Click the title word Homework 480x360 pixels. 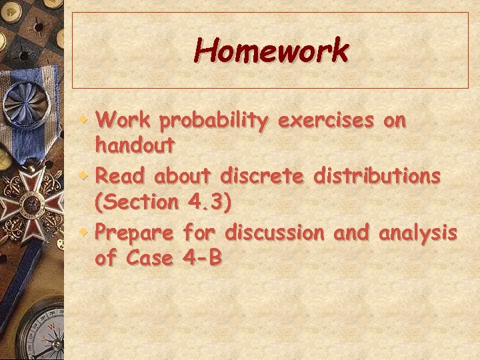pyautogui.click(x=271, y=51)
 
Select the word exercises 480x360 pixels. pyautogui.click(x=327, y=121)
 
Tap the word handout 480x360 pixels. pyautogui.click(x=135, y=143)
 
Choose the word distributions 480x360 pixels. pyautogui.click(x=377, y=176)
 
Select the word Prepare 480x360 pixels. pyautogui.click(x=135, y=233)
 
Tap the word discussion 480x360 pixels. pyautogui.click(x=274, y=233)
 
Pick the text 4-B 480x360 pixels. pyautogui.click(x=201, y=257)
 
